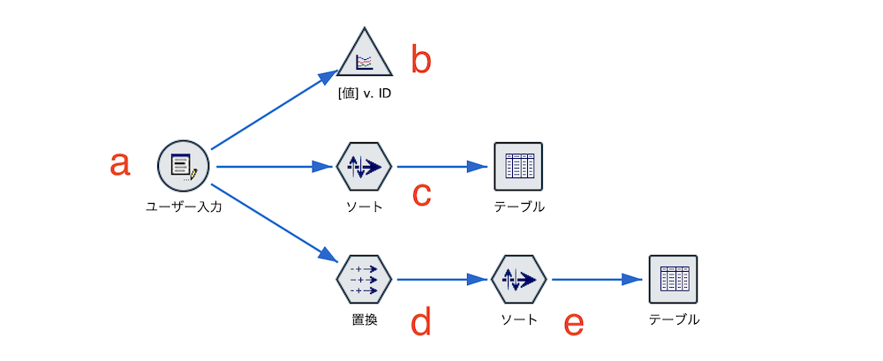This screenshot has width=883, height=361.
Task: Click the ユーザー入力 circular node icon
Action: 183,165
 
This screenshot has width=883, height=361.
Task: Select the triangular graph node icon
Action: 365,56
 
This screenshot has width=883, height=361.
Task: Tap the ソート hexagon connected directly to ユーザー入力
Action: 364,166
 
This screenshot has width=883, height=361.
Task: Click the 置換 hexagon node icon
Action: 364,279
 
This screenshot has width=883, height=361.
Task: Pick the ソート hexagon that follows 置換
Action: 518,279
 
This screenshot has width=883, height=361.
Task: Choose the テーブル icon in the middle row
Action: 518,166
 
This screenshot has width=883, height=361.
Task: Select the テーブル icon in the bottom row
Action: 673,279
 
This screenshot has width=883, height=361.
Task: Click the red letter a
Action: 119,163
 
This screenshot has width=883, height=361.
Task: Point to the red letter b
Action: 421,59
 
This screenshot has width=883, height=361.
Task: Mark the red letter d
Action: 421,322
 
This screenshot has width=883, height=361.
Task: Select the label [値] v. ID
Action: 365,94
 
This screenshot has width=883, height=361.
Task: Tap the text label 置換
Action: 364,320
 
